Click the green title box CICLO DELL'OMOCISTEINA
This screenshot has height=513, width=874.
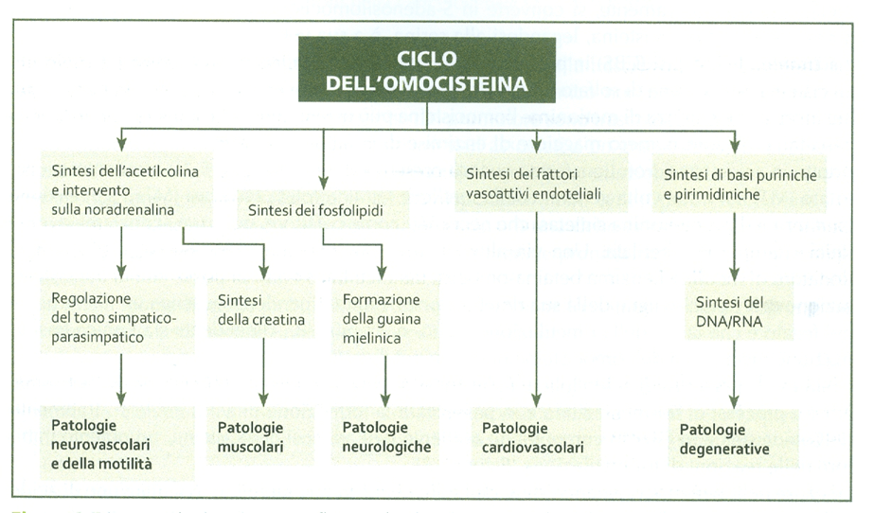click(426, 69)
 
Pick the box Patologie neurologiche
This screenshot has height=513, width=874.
click(385, 436)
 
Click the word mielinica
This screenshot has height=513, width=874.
click(372, 337)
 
